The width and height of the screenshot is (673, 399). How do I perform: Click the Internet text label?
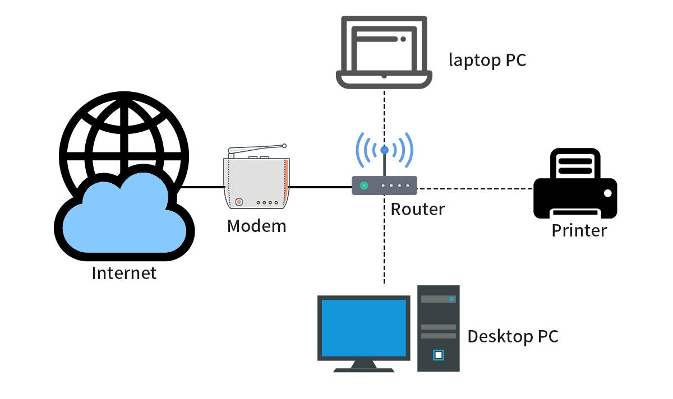point(124,273)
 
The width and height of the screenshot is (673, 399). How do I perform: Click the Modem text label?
point(256,226)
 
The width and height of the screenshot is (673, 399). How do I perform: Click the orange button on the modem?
point(239,202)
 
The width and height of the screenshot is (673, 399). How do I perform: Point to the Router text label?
point(417,209)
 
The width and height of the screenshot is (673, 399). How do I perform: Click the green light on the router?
point(364,185)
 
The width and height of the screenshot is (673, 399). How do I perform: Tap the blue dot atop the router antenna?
point(384,150)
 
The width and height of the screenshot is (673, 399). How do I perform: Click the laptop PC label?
point(487,60)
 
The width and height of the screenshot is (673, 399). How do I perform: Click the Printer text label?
point(579,230)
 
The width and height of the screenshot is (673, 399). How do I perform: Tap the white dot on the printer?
point(607,193)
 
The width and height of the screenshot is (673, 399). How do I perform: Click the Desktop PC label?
point(513,336)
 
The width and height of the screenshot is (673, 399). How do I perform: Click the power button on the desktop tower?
point(438,355)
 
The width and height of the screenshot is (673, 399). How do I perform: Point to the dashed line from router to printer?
point(477,189)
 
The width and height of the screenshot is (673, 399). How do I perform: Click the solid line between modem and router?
point(320,187)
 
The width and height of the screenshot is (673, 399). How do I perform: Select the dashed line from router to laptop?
point(384,112)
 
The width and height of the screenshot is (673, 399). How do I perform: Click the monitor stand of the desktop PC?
point(364,366)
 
